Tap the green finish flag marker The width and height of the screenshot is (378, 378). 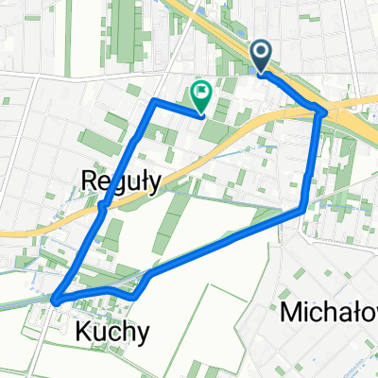coord(201,94)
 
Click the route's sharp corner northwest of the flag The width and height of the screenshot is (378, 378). coord(154,99)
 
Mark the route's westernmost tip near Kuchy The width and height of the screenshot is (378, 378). coord(54,301)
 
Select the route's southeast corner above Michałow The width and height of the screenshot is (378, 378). coord(301,209)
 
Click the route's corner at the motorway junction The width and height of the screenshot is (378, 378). coord(324,112)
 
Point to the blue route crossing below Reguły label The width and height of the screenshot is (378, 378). coord(101,206)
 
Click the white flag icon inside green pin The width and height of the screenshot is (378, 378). coord(201,92)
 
